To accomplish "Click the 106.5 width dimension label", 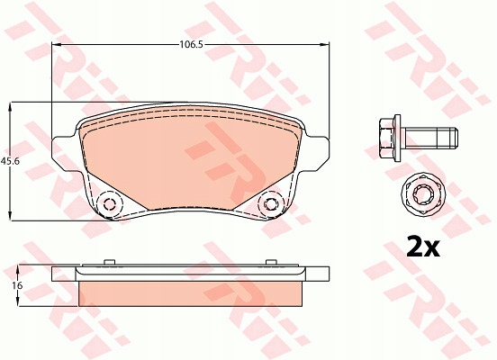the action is (x=191, y=44).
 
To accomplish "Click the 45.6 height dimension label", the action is (x=10, y=161).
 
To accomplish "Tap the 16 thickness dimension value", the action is (x=17, y=285).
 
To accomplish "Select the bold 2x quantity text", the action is (x=423, y=246).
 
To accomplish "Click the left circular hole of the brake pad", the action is (x=109, y=204).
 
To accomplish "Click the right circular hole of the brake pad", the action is (x=270, y=204).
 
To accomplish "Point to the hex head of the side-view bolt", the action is (x=386, y=138).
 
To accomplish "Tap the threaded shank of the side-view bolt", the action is (x=431, y=138).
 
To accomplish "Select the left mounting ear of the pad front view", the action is (x=64, y=153).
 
